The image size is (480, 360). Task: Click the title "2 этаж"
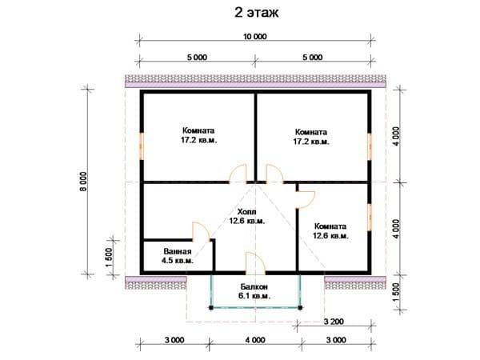pos(256,13)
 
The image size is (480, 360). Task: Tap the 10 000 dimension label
pos(255,37)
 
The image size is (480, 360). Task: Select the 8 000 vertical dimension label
pos(83,182)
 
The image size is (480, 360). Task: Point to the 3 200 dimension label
pos(334,322)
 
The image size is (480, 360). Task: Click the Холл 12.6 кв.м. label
pos(246,216)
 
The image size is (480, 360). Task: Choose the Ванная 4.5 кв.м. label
pos(178,256)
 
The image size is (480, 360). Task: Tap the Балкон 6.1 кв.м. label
pos(254,291)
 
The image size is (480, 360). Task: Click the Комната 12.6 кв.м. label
pos(330,231)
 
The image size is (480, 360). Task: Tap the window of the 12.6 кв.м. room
pos(370,217)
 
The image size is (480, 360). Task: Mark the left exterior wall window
pos(142,146)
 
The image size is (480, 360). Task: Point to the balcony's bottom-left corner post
pos(211,308)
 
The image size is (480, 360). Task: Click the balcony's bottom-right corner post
pos(300,308)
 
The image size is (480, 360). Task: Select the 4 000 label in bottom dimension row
pos(255,340)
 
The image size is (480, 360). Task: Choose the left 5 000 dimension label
pos(197,58)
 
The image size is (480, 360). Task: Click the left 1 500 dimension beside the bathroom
pos(109,257)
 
